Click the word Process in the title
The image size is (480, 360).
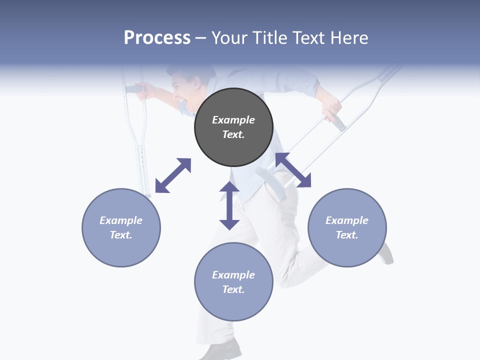pos(157,38)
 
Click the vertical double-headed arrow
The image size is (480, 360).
pos(229,205)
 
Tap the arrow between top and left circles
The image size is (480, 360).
pos(173,175)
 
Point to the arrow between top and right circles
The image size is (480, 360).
pos(293,170)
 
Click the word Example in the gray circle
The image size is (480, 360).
pos(233,120)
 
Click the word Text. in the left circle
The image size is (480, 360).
pos(121,235)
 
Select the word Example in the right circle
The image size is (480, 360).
pos(347,220)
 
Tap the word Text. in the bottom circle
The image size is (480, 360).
pos(233,289)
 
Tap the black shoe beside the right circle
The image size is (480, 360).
pos(386,253)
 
